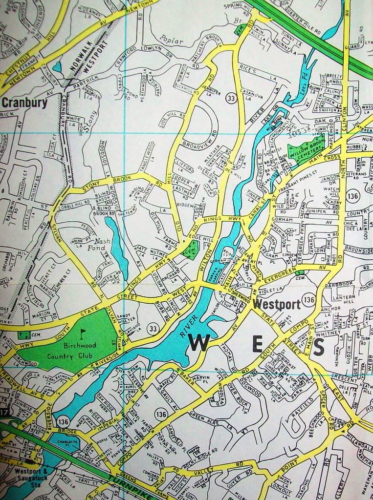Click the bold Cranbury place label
coord(24,103)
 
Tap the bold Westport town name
coord(276,305)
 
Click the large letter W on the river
coord(199,343)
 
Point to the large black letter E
coord(257,345)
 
